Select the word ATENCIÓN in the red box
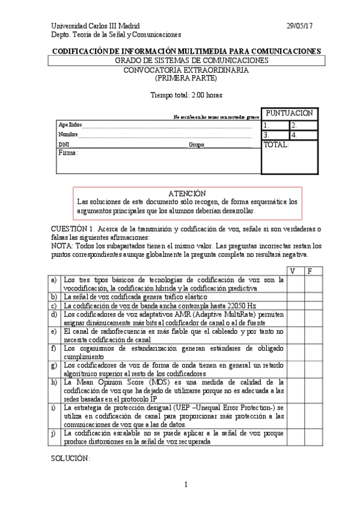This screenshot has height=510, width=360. [188, 194]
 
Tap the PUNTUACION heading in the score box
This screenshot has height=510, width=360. [289, 113]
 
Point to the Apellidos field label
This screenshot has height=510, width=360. [70, 124]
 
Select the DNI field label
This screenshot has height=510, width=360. [64, 145]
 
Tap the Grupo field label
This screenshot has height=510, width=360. [197, 145]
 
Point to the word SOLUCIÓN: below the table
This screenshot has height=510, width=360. [71, 458]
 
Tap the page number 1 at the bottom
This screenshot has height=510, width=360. [186, 484]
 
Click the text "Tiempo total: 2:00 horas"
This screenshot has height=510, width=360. [180, 94]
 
